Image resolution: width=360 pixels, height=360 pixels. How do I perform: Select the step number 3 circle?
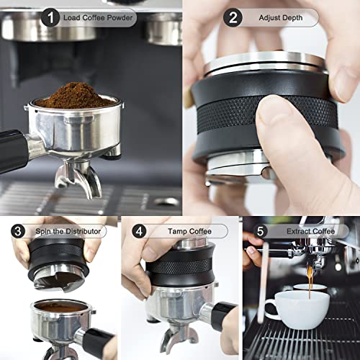(x=18, y=232)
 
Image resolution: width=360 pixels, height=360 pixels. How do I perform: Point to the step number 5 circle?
(x=260, y=232)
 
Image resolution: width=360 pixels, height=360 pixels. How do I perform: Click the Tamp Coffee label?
(x=189, y=232)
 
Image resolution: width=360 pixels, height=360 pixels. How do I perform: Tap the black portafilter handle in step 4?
(x=220, y=313)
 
